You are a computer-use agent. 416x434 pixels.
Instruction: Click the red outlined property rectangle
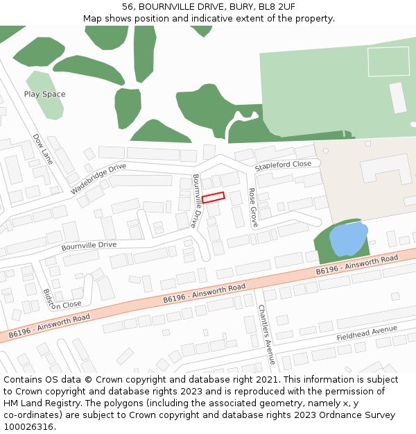tap(214, 198)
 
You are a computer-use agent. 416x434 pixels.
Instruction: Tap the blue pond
tap(348, 240)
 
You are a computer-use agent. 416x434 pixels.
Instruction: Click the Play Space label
tap(45, 94)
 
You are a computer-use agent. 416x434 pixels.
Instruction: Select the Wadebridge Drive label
tap(98, 178)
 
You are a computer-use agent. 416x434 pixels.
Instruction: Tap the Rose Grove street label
tap(253, 207)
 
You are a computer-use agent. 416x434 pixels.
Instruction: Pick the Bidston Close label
tap(62, 299)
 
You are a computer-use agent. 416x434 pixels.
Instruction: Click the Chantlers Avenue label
tap(266, 334)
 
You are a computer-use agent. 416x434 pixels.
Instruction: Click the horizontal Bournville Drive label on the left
tap(89, 246)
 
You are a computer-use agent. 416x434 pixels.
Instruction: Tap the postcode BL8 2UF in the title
tap(276, 7)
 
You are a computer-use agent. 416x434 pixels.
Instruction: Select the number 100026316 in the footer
tap(29, 426)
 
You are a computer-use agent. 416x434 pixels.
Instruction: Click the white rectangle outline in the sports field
tap(388, 61)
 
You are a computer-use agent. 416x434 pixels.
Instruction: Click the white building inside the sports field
tap(398, 97)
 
